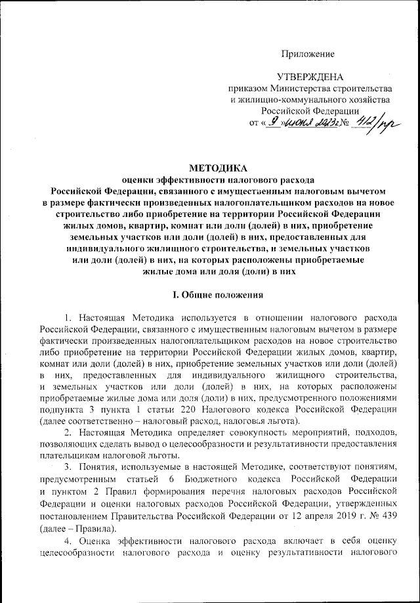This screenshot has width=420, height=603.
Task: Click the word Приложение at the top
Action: [308, 53]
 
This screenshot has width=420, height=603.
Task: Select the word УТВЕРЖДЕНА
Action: [310, 76]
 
